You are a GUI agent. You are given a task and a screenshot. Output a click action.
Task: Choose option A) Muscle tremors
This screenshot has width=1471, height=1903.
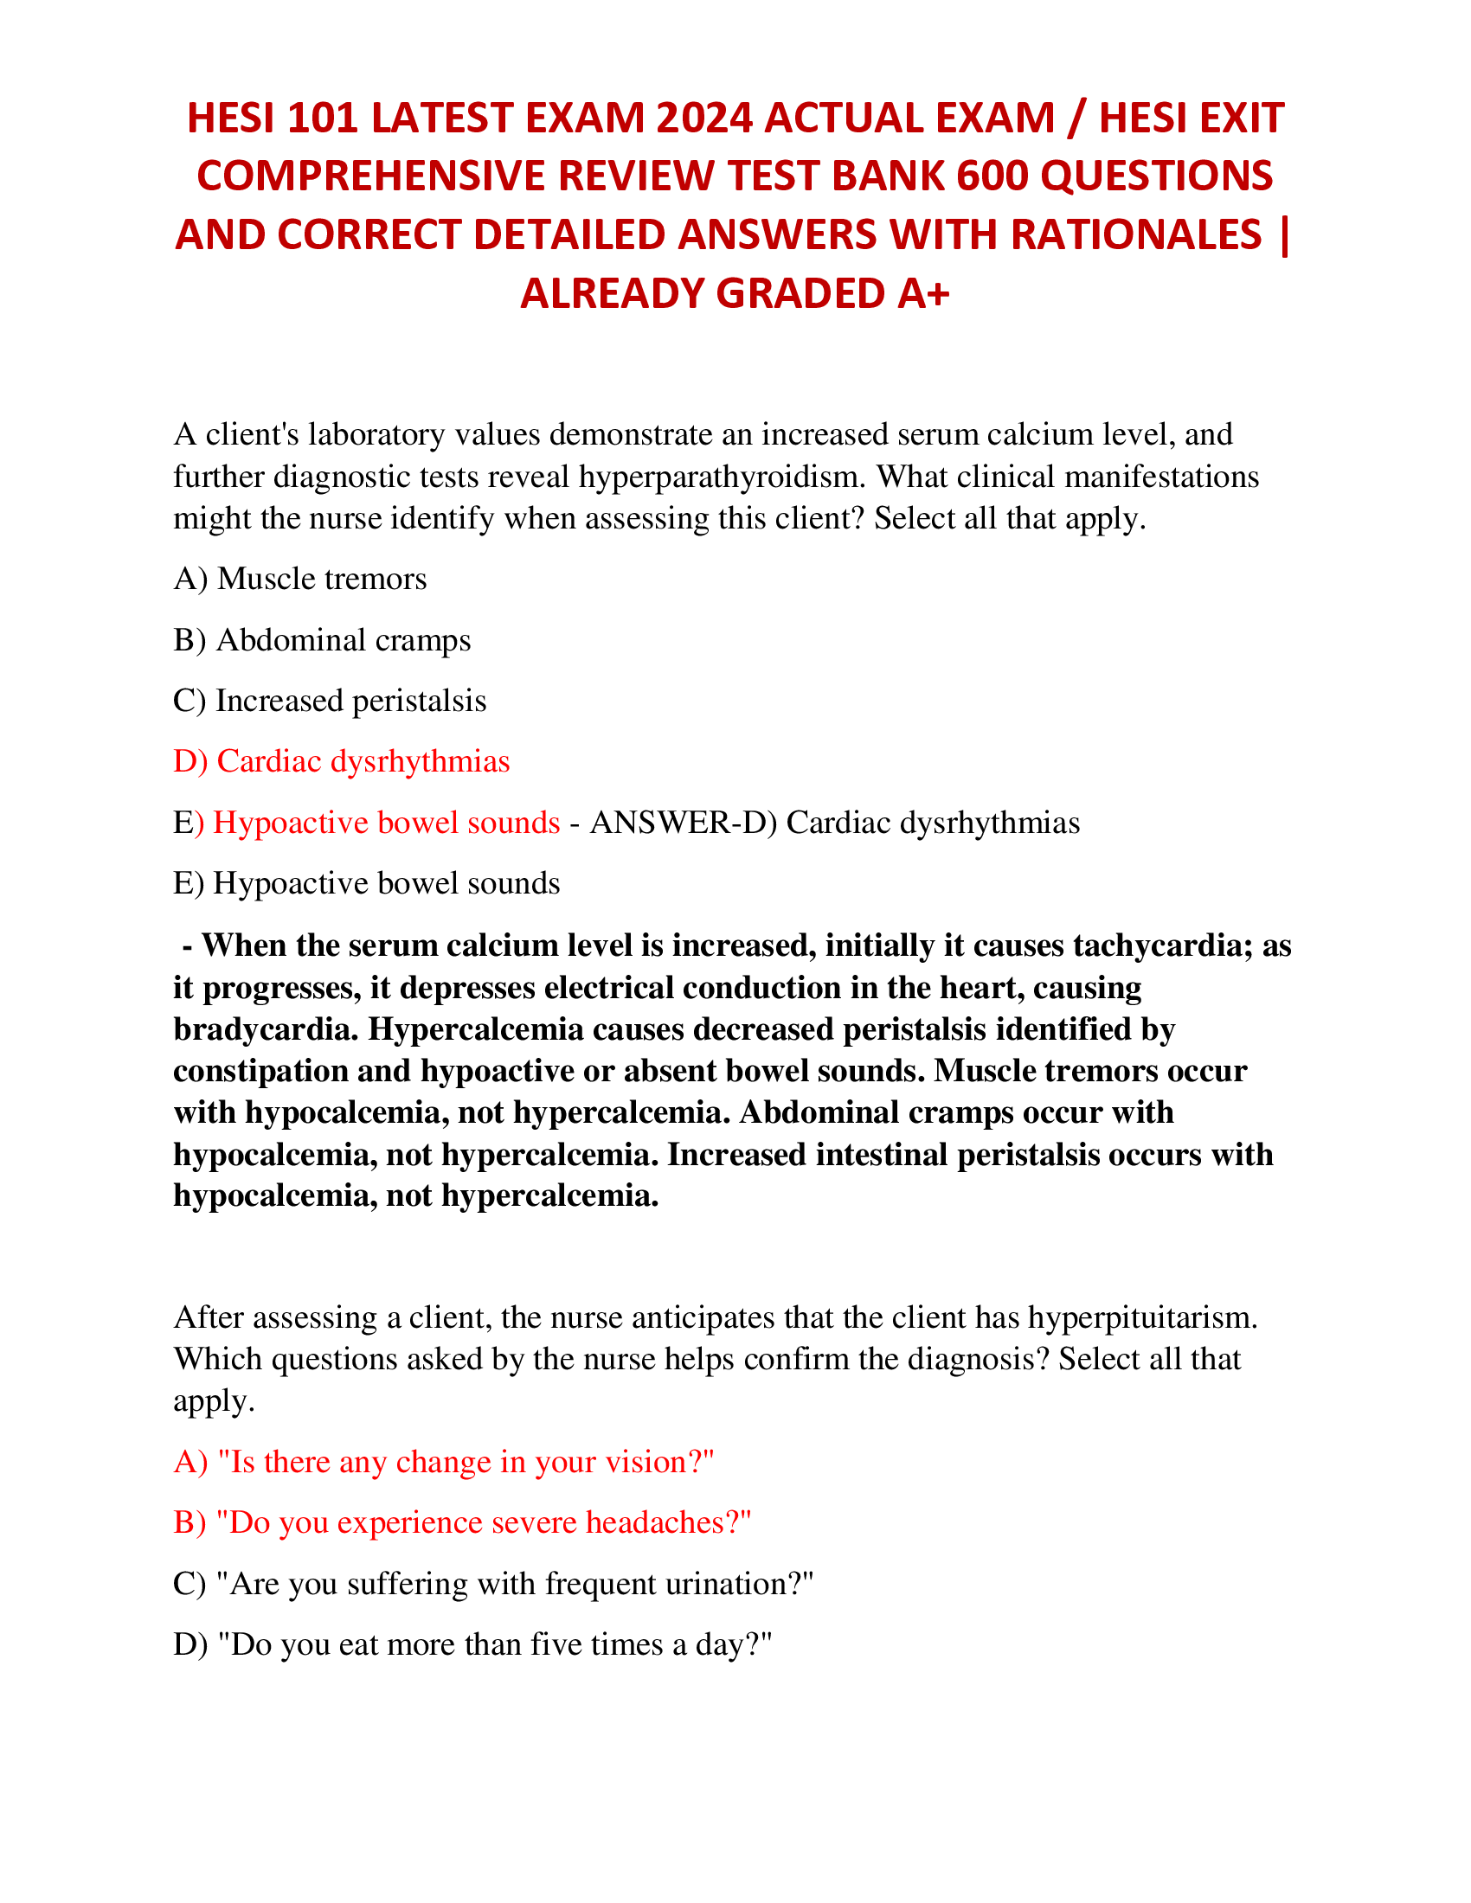click(x=299, y=579)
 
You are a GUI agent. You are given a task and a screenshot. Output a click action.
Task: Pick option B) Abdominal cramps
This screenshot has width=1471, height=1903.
click(x=322, y=639)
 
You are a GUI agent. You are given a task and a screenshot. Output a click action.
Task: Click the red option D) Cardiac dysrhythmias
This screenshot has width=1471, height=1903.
click(x=341, y=761)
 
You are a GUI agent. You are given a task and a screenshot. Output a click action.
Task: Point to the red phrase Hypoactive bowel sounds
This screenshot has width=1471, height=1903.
click(x=386, y=823)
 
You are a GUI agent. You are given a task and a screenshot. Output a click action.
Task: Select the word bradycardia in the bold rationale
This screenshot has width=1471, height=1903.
click(x=265, y=1029)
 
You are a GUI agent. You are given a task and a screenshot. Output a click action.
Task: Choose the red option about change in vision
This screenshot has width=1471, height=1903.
click(x=444, y=1462)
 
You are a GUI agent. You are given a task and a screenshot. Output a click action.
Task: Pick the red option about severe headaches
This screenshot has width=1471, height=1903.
click(x=462, y=1522)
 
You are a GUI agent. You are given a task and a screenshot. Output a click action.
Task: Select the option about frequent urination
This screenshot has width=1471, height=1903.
click(x=493, y=1583)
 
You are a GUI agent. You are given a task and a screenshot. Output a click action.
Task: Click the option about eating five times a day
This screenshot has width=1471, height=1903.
click(x=473, y=1644)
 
